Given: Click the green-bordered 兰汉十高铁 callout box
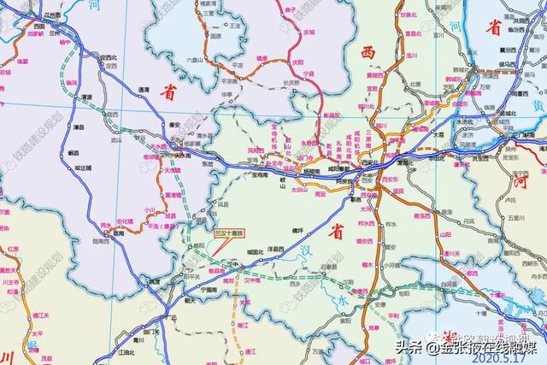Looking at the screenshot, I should [x=230, y=232].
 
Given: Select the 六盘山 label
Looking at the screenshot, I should [x=197, y=59].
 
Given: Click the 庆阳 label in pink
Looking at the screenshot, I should [x=297, y=62].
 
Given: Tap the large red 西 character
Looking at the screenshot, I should [x=368, y=53].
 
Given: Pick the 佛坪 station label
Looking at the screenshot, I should [x=298, y=231].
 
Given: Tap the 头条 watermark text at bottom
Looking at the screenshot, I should [x=409, y=347].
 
